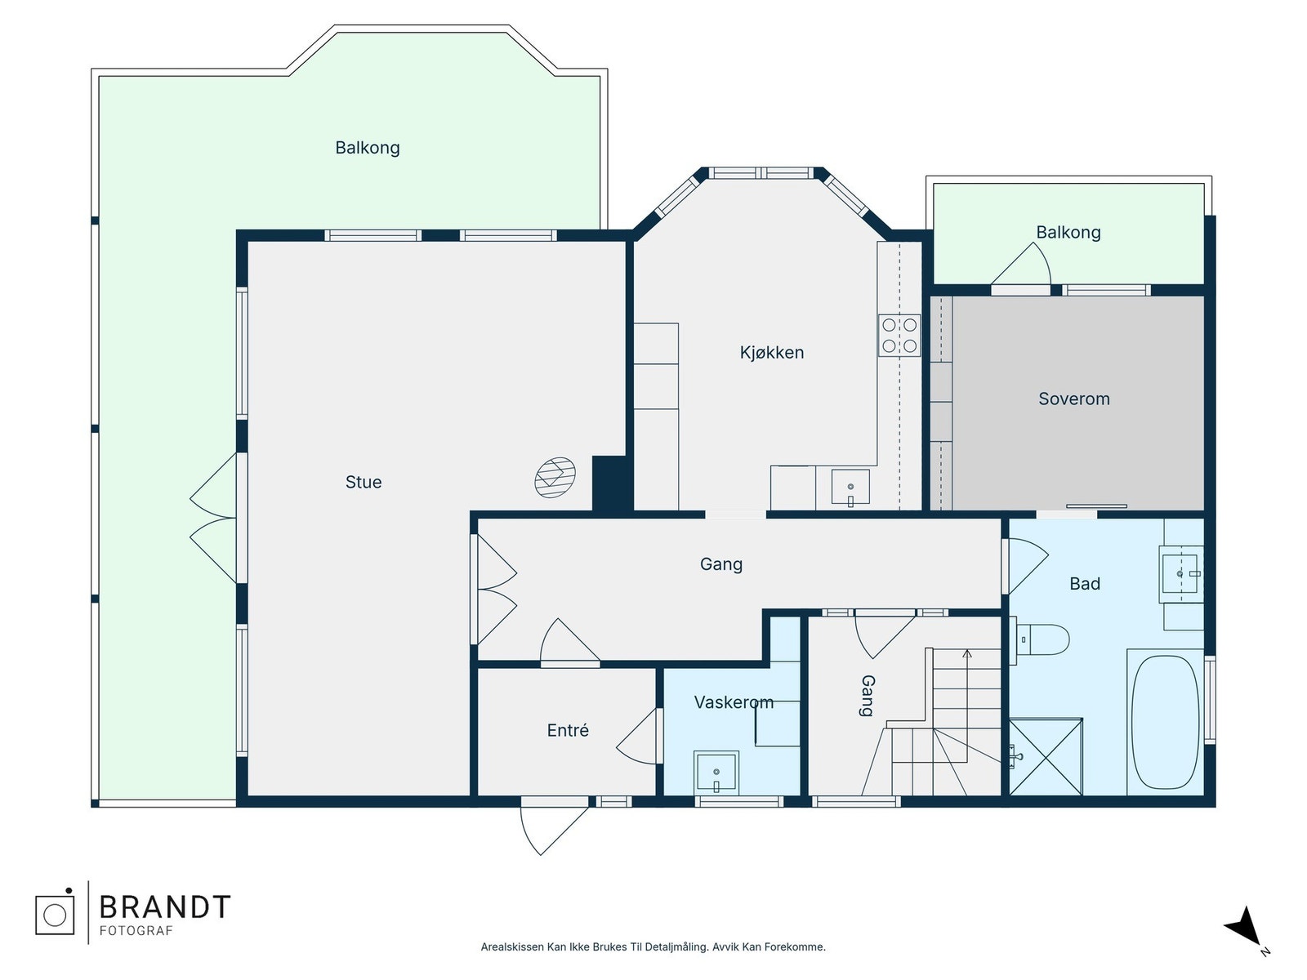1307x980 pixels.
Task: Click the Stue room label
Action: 364,482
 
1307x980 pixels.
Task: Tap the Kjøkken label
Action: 772,352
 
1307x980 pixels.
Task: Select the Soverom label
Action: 1074,399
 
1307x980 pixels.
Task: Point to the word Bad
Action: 1085,584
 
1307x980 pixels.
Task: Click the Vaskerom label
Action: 734,702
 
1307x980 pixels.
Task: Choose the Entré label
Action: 568,730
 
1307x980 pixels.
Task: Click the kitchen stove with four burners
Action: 899,336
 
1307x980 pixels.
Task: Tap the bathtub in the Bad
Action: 1165,723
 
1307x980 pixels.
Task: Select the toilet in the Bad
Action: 1040,640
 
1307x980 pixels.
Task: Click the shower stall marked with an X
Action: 1046,757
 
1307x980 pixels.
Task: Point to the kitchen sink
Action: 850,488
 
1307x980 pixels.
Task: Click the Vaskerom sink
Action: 716,773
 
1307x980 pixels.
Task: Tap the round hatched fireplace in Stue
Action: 555,477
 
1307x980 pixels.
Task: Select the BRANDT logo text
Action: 165,907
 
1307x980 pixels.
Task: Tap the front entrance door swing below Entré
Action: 554,830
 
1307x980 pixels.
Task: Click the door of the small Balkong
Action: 1021,265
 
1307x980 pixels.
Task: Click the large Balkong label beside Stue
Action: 368,148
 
